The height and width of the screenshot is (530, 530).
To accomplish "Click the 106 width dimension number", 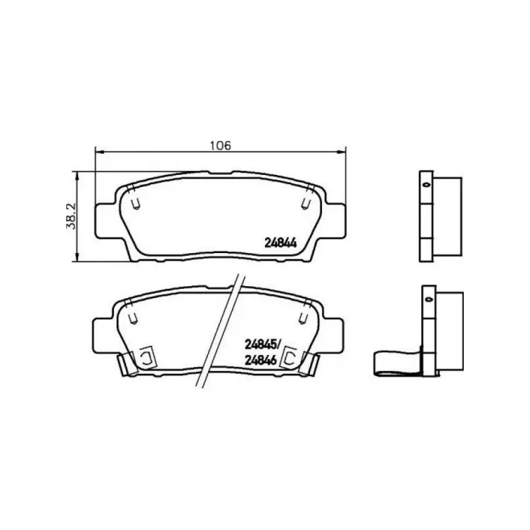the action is coord(221,145).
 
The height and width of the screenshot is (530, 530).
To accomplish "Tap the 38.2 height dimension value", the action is coord(72,217).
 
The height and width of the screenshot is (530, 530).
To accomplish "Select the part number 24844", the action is coord(280,242).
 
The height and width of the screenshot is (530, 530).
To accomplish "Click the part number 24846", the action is coord(260,360).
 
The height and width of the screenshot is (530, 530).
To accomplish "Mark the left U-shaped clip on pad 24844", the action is coord(136,203).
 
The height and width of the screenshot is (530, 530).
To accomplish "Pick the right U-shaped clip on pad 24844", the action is coord(306,203).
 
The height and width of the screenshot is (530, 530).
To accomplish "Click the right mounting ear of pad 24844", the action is coord(336,221).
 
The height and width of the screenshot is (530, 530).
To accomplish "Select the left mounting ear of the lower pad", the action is coord(103,335).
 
